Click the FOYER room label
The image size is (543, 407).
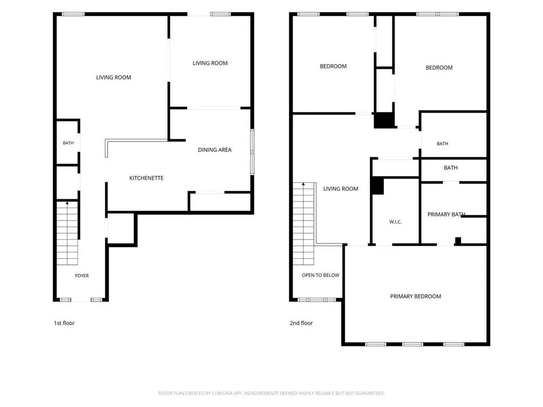[x=82, y=276]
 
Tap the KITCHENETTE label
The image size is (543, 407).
[x=146, y=178]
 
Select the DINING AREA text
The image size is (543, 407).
[x=215, y=150]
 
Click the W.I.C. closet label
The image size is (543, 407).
[x=396, y=222]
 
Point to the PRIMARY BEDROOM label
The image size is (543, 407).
[x=416, y=296]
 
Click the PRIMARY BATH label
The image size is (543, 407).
[x=446, y=214]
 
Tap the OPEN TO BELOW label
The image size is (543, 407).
[x=320, y=275]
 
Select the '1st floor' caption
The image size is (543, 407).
[x=64, y=323]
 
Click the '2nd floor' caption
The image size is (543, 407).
[x=301, y=323]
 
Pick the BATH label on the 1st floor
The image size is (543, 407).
[x=68, y=143]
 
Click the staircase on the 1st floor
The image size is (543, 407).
[x=67, y=233]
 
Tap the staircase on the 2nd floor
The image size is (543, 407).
[x=304, y=224]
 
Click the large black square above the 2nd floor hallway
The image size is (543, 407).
[x=384, y=120]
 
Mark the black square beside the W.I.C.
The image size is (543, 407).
[x=378, y=186]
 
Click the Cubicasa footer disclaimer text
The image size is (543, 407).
[x=271, y=393]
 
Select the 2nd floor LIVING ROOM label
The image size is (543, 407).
[x=340, y=189]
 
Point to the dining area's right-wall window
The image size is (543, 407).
[x=252, y=152]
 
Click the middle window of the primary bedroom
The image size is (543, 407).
[x=413, y=344]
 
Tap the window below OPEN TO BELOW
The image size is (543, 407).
[x=317, y=300]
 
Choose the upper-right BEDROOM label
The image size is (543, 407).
[x=439, y=67]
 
